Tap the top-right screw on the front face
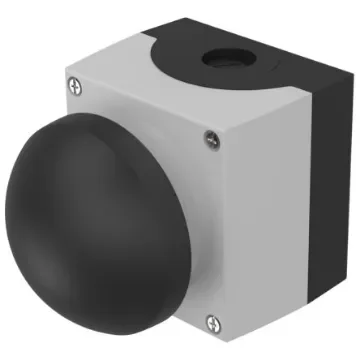(208, 138)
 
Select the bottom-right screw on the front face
(211, 322)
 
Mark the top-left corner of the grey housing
(67, 77)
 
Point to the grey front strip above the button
(140, 110)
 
